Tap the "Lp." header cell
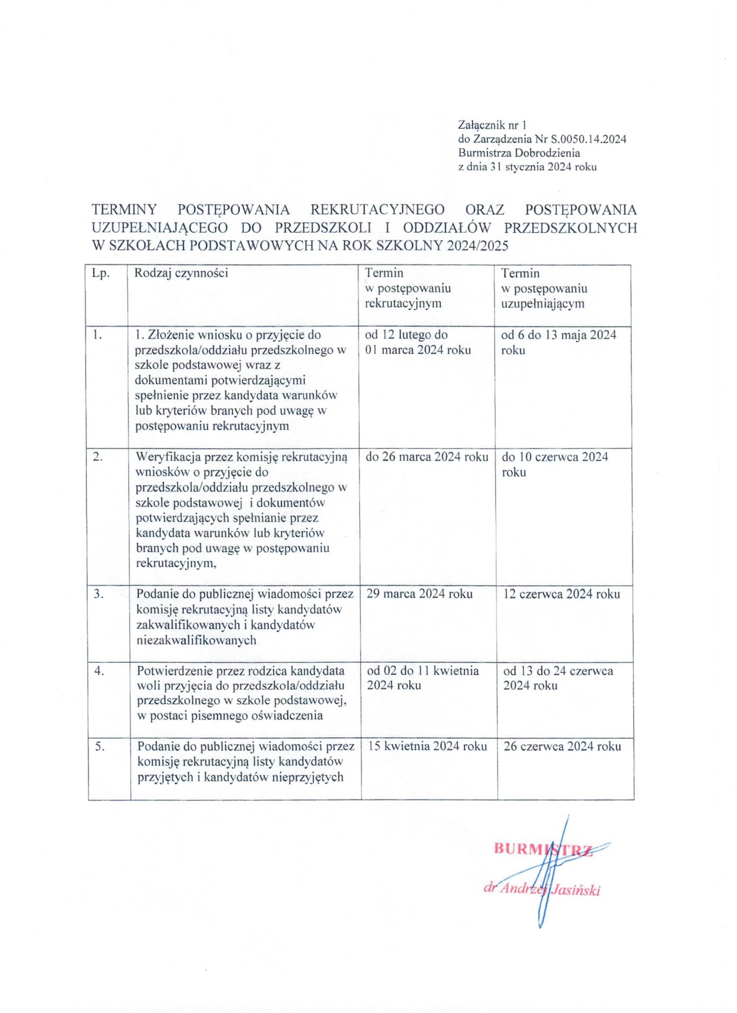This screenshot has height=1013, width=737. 101,273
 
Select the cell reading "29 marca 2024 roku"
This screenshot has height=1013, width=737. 419,594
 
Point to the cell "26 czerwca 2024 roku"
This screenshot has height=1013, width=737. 562,746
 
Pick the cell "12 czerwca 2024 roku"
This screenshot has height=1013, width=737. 561,594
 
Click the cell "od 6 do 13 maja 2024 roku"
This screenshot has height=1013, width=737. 559,342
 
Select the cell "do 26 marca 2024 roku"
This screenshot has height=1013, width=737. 427,457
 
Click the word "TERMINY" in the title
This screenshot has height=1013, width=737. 124,210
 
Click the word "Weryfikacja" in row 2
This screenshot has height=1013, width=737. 168,457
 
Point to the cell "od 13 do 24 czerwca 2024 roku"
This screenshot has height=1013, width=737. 558,678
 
